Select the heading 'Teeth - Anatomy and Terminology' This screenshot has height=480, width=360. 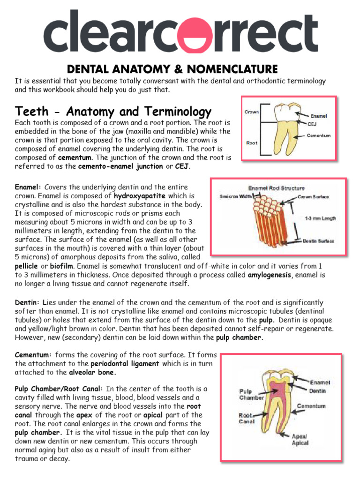pyautogui.click(x=113, y=112)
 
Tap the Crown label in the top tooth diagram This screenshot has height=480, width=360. pyautogui.click(x=252, y=112)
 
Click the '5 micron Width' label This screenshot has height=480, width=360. pyautogui.click(x=237, y=196)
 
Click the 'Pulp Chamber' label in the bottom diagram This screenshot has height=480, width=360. pyautogui.click(x=252, y=394)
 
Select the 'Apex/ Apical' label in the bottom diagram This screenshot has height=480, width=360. pyautogui.click(x=300, y=439)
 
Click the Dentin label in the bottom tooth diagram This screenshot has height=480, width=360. pyautogui.click(x=317, y=390)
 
